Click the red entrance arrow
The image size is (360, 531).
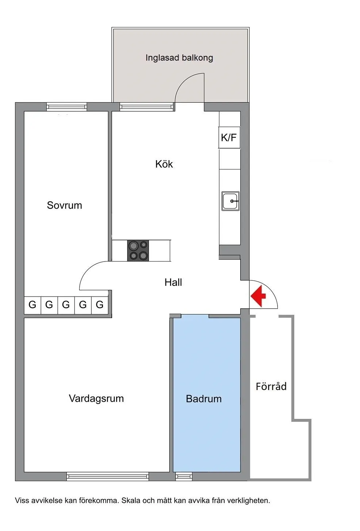pyautogui.click(x=258, y=296)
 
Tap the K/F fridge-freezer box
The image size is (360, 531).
pyautogui.click(x=229, y=137)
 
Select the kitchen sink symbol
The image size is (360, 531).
pyautogui.click(x=230, y=201)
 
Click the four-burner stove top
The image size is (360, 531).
pyautogui.click(x=138, y=251)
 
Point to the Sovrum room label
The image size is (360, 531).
pyautogui.click(x=64, y=205)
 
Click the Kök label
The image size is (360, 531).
pyautogui.click(x=164, y=164)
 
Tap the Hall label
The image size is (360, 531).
pyautogui.click(x=173, y=282)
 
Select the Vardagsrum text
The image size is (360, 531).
pyautogui.click(x=96, y=398)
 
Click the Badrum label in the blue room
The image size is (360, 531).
pyautogui.click(x=204, y=399)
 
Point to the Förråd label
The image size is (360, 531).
pyautogui.click(x=271, y=386)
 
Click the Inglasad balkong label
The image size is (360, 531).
pyautogui.click(x=179, y=58)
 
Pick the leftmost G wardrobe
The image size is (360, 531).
pyautogui.click(x=32, y=305)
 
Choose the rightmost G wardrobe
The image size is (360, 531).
pyautogui.click(x=100, y=305)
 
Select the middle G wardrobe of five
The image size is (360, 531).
pyautogui.click(x=66, y=305)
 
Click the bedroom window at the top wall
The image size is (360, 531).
pyautogui.click(x=66, y=107)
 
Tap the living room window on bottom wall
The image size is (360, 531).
pyautogui.click(x=108, y=476)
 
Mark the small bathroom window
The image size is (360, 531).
pyautogui.click(x=184, y=476)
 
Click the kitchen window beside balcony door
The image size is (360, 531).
pyautogui.click(x=146, y=107)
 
